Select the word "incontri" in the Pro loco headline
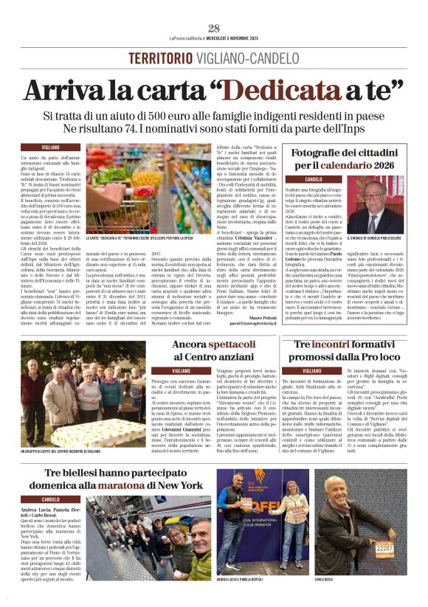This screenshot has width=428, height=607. (335, 345)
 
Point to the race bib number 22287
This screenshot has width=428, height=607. (384, 548)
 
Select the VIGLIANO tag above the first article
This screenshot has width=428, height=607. (50, 148)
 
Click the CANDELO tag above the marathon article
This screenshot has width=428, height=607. (50, 499)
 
